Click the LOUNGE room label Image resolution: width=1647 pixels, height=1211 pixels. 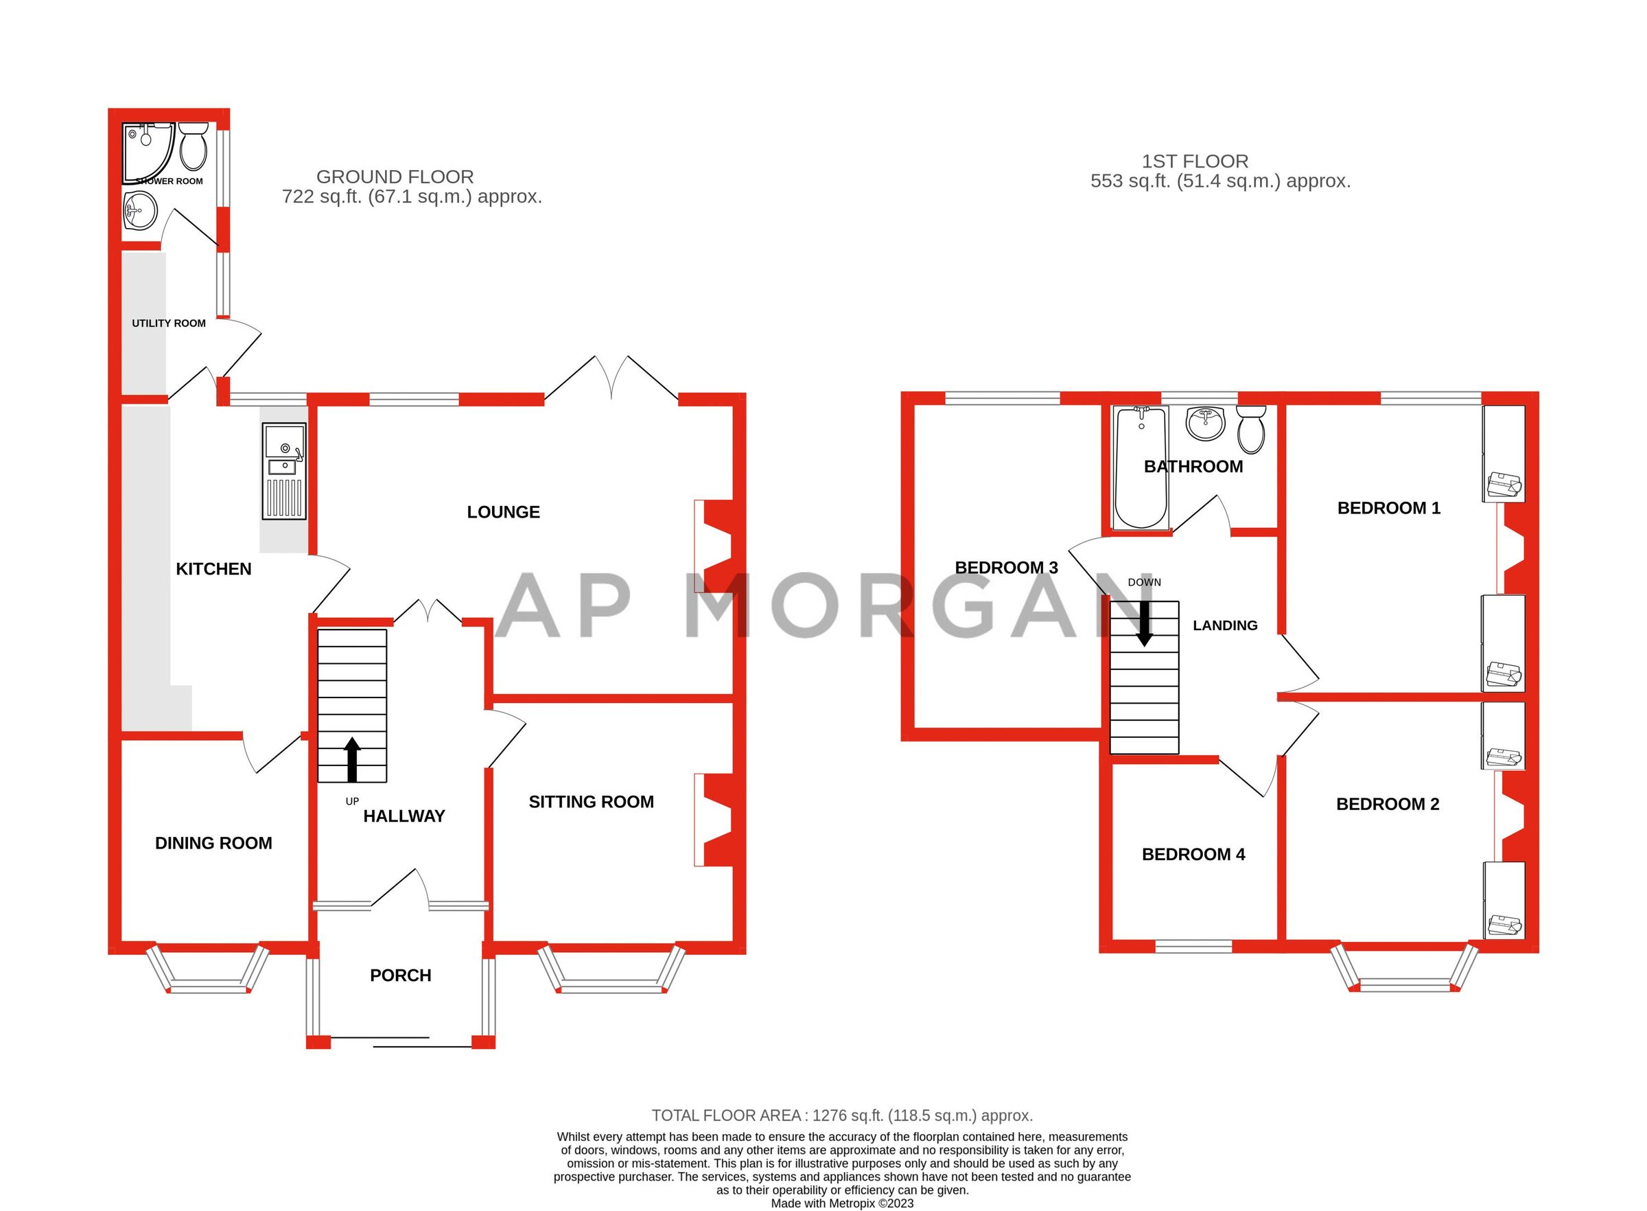pos(503,512)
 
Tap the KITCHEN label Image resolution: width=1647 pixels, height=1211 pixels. pos(213,569)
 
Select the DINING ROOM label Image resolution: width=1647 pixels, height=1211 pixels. pos(213,843)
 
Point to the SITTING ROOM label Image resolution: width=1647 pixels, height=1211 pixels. pos(592,802)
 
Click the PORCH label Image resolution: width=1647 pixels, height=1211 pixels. pos(400,976)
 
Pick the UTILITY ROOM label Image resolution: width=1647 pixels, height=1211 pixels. pos(169,323)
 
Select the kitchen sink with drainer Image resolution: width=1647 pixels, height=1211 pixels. pos(284,472)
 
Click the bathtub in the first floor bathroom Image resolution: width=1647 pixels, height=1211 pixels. pos(1141,468)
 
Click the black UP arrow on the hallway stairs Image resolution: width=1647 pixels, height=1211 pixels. pos(353,759)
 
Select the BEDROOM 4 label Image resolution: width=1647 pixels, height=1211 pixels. pos(1193,854)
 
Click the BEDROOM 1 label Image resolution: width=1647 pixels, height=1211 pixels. pos(1388,508)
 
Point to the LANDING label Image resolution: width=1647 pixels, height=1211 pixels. pos(1225,625)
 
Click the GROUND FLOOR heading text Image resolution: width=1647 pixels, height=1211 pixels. pos(395,176)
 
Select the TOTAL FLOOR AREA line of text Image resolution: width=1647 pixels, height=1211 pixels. pos(842,1115)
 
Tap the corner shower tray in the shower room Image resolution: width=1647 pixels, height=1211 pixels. pos(150,152)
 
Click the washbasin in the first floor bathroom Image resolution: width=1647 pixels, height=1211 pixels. pos(1205,423)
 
